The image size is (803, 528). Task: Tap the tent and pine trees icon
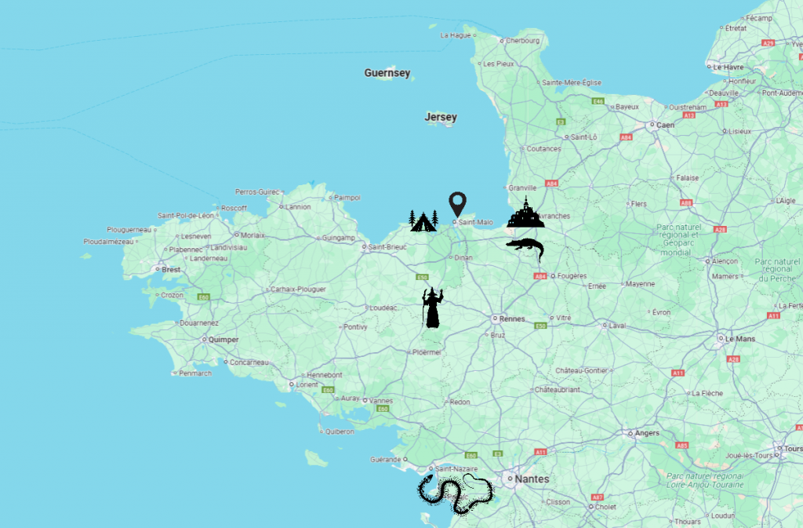click(423, 221)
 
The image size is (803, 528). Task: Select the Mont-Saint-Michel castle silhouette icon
click(525, 213)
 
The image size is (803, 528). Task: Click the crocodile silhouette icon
click(525, 249)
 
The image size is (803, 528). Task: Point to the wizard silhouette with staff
click(432, 308)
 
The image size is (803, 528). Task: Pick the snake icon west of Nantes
click(456, 492)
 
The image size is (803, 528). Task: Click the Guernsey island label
click(387, 73)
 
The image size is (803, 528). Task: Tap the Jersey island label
click(441, 118)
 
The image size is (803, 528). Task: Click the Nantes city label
click(532, 479)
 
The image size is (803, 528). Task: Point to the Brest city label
click(171, 269)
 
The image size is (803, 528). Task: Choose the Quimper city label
click(223, 340)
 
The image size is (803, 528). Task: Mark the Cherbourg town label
click(523, 41)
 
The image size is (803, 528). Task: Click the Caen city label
click(665, 125)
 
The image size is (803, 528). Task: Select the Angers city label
click(647, 432)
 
